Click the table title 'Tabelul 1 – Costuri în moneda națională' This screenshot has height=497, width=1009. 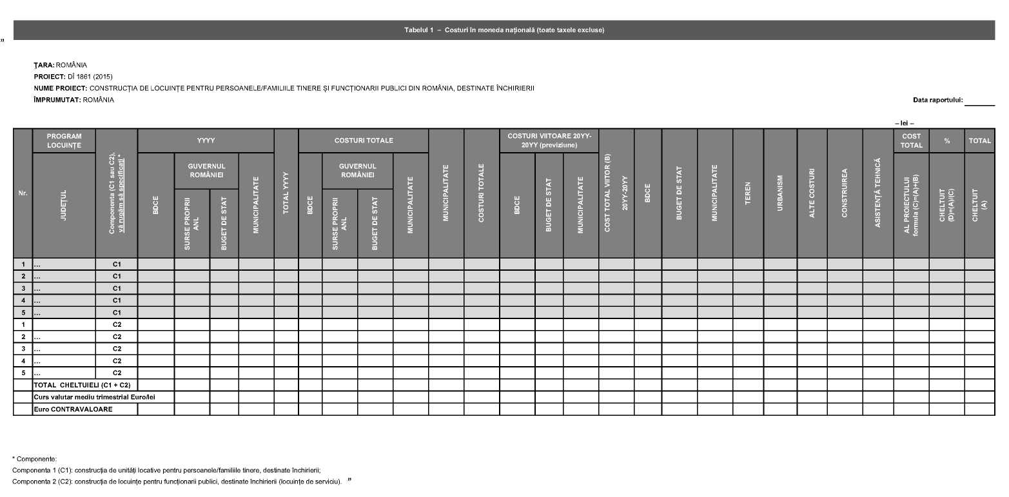click(x=504, y=30)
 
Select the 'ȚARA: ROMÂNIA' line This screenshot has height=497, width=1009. click(x=60, y=66)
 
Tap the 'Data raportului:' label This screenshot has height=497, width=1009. click(x=937, y=100)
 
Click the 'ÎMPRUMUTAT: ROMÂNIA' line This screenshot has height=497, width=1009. click(x=73, y=100)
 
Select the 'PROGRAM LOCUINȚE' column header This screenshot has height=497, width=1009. click(x=64, y=141)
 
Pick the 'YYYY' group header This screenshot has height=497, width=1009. click(x=206, y=141)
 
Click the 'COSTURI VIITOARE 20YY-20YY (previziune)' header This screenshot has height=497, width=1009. click(x=549, y=141)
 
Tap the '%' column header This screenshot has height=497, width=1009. click(x=946, y=141)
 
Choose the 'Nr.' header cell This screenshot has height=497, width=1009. click(x=23, y=193)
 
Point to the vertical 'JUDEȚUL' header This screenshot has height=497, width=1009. click(x=64, y=205)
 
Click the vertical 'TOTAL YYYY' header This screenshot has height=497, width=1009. click(x=286, y=193)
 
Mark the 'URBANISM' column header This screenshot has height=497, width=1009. click(x=780, y=193)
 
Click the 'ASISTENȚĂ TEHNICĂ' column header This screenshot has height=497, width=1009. click(x=877, y=193)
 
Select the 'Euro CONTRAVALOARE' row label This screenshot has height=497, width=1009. click(x=73, y=409)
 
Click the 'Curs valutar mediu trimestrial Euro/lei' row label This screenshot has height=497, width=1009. click(x=94, y=397)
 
